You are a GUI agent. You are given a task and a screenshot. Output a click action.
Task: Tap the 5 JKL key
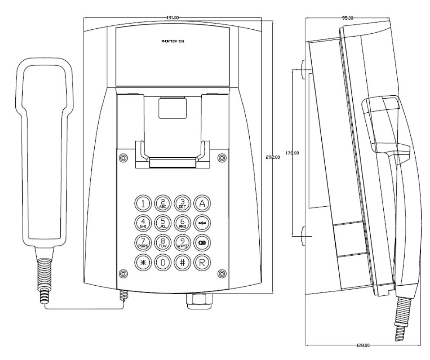pyautogui.click(x=162, y=222)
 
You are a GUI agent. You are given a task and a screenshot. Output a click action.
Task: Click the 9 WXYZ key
pyautogui.click(x=181, y=241)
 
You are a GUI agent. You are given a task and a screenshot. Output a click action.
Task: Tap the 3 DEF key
pyautogui.click(x=181, y=202)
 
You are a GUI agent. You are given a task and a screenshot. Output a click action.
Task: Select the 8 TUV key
pyautogui.click(x=162, y=241)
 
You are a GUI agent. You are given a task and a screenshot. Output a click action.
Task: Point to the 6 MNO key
pyautogui.click(x=181, y=222)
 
